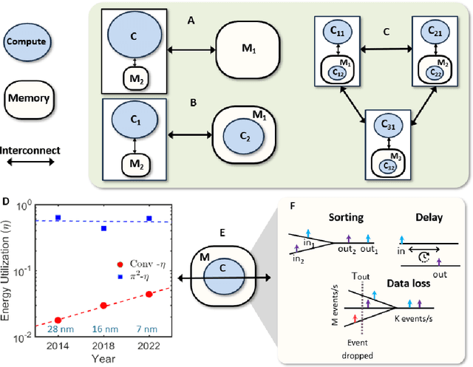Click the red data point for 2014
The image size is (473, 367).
point(58,320)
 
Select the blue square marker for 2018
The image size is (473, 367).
point(103,229)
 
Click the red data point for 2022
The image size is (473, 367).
point(149,294)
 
